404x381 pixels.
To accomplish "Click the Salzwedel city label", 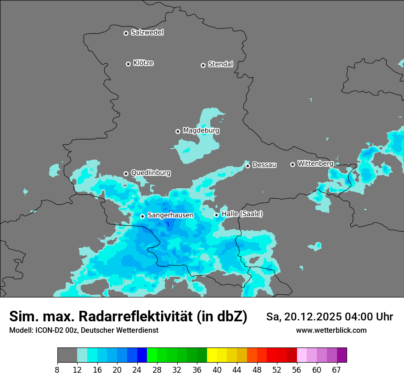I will [147, 33].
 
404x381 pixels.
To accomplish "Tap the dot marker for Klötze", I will [128, 64].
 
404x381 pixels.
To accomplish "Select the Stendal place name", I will [220, 64].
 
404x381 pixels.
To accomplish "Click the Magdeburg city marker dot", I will [178, 131].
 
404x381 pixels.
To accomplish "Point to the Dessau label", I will [264, 165].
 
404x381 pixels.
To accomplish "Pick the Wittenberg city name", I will [315, 163].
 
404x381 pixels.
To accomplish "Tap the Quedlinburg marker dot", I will [126, 174].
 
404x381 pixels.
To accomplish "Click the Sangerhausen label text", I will [170, 215].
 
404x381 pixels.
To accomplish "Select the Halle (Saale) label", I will [242, 214].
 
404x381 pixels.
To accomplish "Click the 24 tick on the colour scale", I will [137, 370].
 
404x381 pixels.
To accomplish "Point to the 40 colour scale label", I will [217, 370].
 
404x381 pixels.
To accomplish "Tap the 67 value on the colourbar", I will [337, 370].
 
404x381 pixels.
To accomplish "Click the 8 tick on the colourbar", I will [57, 370].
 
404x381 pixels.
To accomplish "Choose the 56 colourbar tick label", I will [297, 370].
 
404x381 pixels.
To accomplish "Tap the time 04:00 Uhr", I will [366, 317].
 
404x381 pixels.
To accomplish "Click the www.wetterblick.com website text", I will [331, 331].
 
